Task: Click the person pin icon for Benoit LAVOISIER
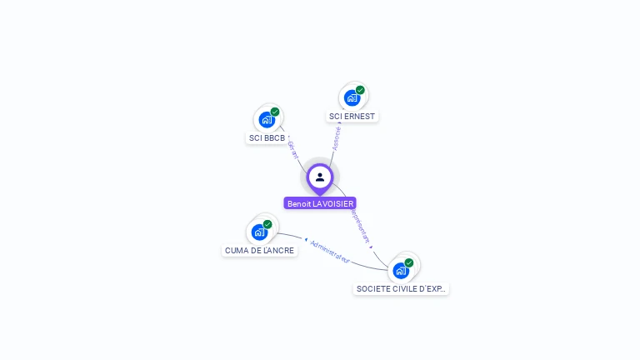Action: [x=320, y=177]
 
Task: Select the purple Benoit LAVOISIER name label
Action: [x=320, y=203]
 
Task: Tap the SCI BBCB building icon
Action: [x=267, y=120]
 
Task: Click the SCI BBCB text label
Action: [x=267, y=138]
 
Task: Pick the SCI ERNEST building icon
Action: [x=352, y=98]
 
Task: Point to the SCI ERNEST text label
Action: [x=352, y=117]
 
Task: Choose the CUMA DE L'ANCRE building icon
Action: [x=259, y=232]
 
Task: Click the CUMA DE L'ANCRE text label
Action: [x=260, y=251]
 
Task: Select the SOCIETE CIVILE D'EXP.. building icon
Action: [x=401, y=271]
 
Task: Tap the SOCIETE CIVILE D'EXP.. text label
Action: [x=401, y=289]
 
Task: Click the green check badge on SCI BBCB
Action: [x=275, y=112]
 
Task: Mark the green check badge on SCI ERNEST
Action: [x=360, y=90]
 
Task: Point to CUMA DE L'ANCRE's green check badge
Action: [x=267, y=224]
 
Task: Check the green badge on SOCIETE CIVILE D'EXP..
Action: [x=409, y=262]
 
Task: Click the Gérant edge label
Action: [x=292, y=151]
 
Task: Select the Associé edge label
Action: [x=337, y=137]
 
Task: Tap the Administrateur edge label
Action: [x=329, y=252]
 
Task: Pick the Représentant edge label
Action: [x=360, y=226]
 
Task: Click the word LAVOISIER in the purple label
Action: [x=334, y=203]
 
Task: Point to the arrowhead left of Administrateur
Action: [x=306, y=240]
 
